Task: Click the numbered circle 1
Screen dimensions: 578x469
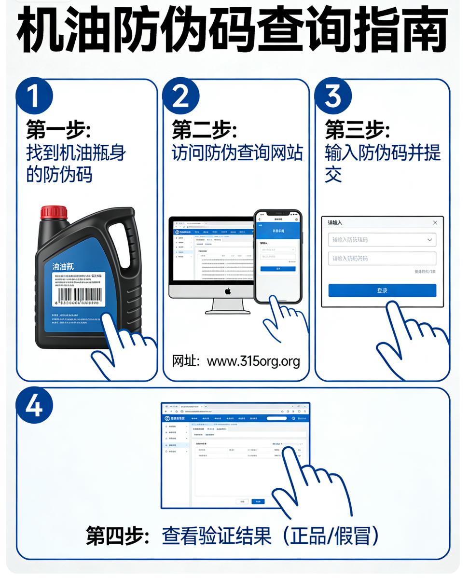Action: [34, 96]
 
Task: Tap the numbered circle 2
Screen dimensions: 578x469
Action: [180, 96]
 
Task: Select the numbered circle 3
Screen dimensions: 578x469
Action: [333, 96]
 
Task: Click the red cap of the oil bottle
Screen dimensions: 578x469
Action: [54, 212]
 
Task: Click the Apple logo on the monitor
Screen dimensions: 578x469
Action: [228, 290]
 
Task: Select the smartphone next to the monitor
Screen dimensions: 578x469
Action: [278, 256]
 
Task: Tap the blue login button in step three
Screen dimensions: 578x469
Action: [382, 290]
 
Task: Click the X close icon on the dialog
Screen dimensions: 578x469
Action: [435, 222]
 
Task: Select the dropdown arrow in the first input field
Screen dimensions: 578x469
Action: [429, 240]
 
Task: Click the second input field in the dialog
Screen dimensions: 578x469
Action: [382, 259]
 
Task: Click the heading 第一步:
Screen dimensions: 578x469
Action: [58, 130]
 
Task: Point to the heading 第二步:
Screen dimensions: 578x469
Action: [205, 130]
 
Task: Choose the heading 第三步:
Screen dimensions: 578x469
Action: [357, 130]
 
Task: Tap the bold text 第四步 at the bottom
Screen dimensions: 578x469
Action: [114, 536]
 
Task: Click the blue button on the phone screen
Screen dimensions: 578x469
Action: [278, 269]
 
